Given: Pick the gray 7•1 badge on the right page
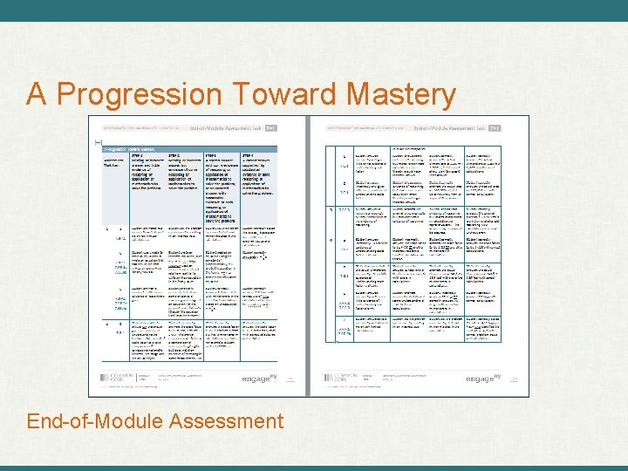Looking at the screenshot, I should pos(494,127).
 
